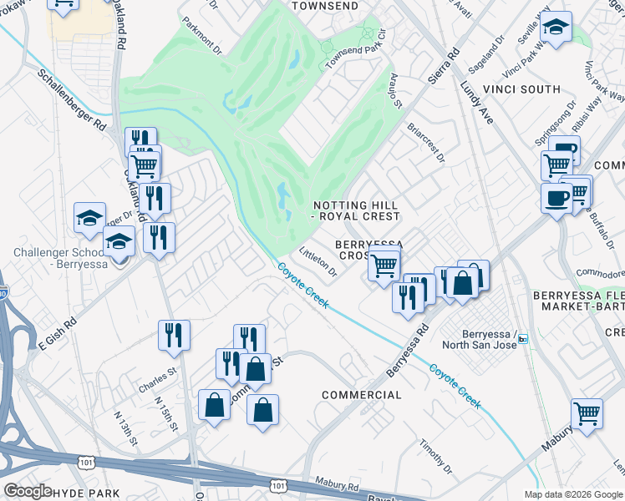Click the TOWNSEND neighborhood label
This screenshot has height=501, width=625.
point(325,6)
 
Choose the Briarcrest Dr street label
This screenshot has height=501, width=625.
point(426,143)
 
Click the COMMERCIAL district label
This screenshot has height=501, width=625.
point(362,394)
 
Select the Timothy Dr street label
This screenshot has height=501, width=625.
point(435,456)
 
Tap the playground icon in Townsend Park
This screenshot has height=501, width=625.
point(368,33)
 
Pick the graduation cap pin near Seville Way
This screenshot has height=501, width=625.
point(556,27)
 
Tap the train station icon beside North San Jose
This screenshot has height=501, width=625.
point(523,339)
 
